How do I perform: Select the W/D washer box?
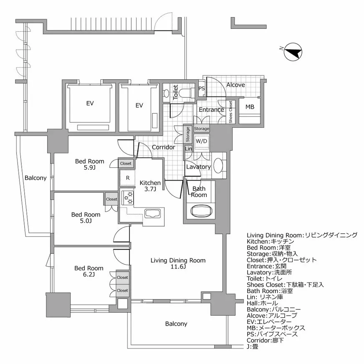pos(201,141)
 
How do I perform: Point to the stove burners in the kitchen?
pos(128,197)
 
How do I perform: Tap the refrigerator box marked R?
pos(127,178)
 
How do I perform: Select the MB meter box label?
pos(250,107)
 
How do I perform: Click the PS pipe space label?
pos(202,88)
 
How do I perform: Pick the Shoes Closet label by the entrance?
pos(230,112)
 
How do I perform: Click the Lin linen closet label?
pos(188,149)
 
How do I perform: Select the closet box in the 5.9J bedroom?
pos(126,164)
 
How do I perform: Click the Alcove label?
pos(235,85)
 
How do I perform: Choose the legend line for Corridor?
pos(267,340)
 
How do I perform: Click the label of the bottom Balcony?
pos(176,324)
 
